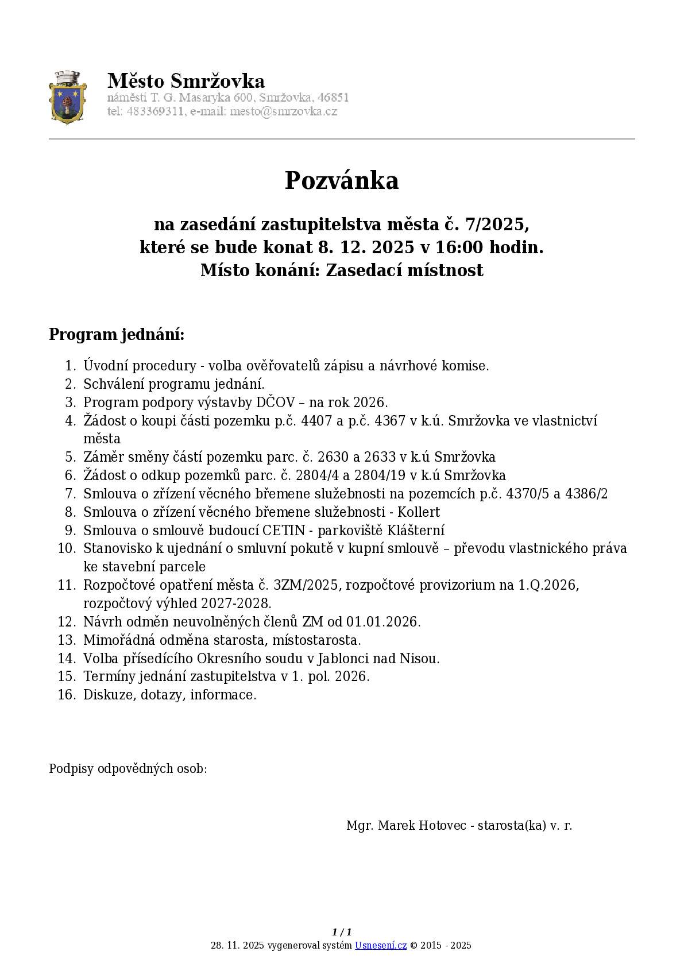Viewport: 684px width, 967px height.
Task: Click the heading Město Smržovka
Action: (186, 80)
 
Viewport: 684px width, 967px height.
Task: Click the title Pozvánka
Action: (342, 180)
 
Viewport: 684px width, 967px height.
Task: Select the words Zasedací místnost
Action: (404, 270)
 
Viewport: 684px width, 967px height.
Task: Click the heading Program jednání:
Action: (117, 334)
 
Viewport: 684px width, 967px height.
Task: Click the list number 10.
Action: (67, 548)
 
